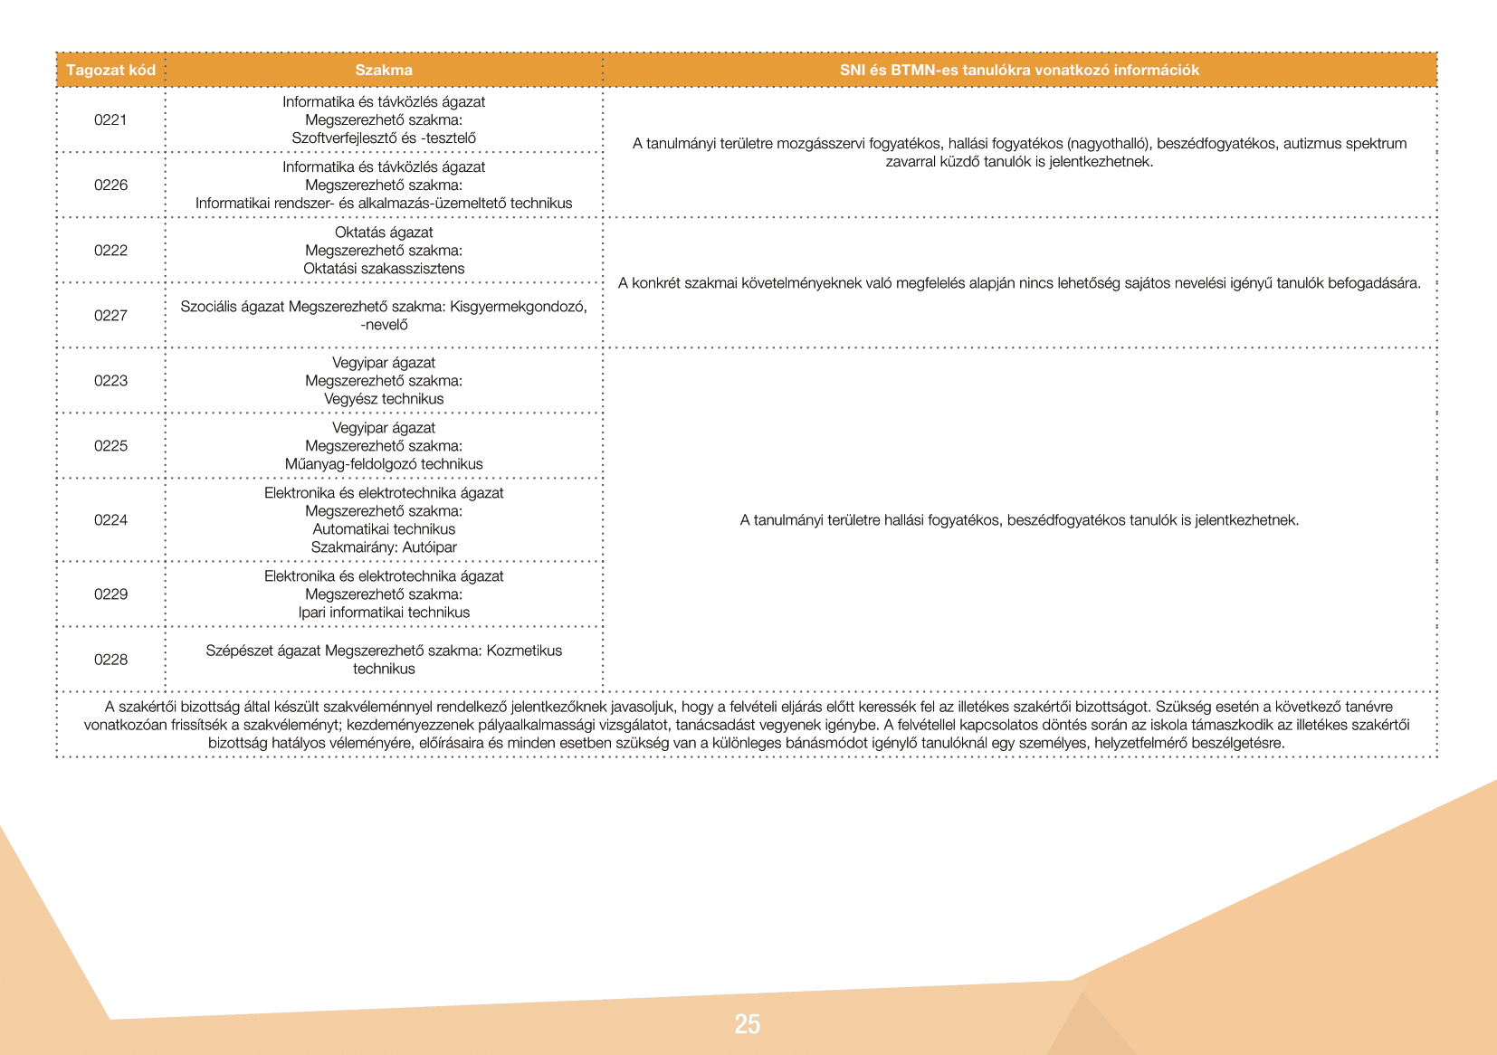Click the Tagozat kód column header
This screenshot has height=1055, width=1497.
pyautogui.click(x=110, y=71)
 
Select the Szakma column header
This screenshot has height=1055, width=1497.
pyautogui.click(x=384, y=71)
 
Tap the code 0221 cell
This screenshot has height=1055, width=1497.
pyautogui.click(x=110, y=120)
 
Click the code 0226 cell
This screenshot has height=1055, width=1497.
pyautogui.click(x=110, y=185)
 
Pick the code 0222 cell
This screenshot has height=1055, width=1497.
pyautogui.click(x=110, y=251)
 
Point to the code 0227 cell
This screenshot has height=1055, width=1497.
pyautogui.click(x=110, y=316)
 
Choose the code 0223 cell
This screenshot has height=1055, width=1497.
pyautogui.click(x=110, y=381)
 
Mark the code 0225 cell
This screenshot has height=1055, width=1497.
pyautogui.click(x=110, y=446)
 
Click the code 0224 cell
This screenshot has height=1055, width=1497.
pyautogui.click(x=110, y=520)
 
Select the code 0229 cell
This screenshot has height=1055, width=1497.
pyautogui.click(x=110, y=594)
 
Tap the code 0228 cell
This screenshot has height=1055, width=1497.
pyautogui.click(x=110, y=660)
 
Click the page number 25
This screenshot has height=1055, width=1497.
pyautogui.click(x=748, y=1024)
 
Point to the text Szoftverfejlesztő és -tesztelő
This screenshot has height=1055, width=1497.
pyautogui.click(x=384, y=138)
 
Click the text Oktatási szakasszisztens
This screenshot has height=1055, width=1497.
pyautogui.click(x=384, y=269)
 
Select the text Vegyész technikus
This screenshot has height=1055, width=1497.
pyautogui.click(x=384, y=399)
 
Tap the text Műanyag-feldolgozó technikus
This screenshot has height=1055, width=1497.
pyautogui.click(x=384, y=464)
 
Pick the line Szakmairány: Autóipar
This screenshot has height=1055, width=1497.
pyautogui.click(x=384, y=547)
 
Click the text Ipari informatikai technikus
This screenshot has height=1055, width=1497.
pyautogui.click(x=384, y=613)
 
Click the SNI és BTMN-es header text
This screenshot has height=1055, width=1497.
pyautogui.click(x=1019, y=71)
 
